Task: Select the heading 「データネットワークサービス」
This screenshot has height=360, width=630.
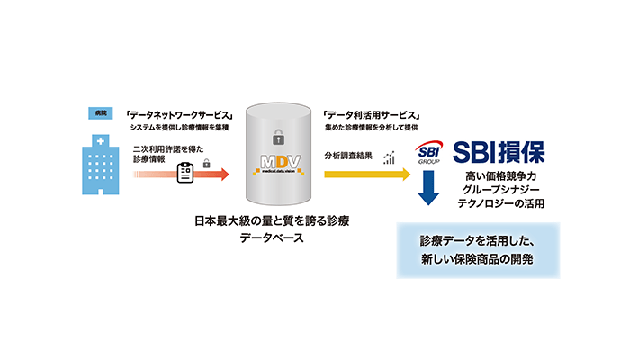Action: pyautogui.click(x=178, y=115)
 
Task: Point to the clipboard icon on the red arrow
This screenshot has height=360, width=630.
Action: pyautogui.click(x=186, y=171)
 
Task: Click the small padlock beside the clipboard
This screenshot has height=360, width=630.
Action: pyautogui.click(x=207, y=164)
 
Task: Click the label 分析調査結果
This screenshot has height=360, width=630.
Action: pyautogui.click(x=349, y=154)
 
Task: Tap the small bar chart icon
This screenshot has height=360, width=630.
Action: pyautogui.click(x=390, y=157)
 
